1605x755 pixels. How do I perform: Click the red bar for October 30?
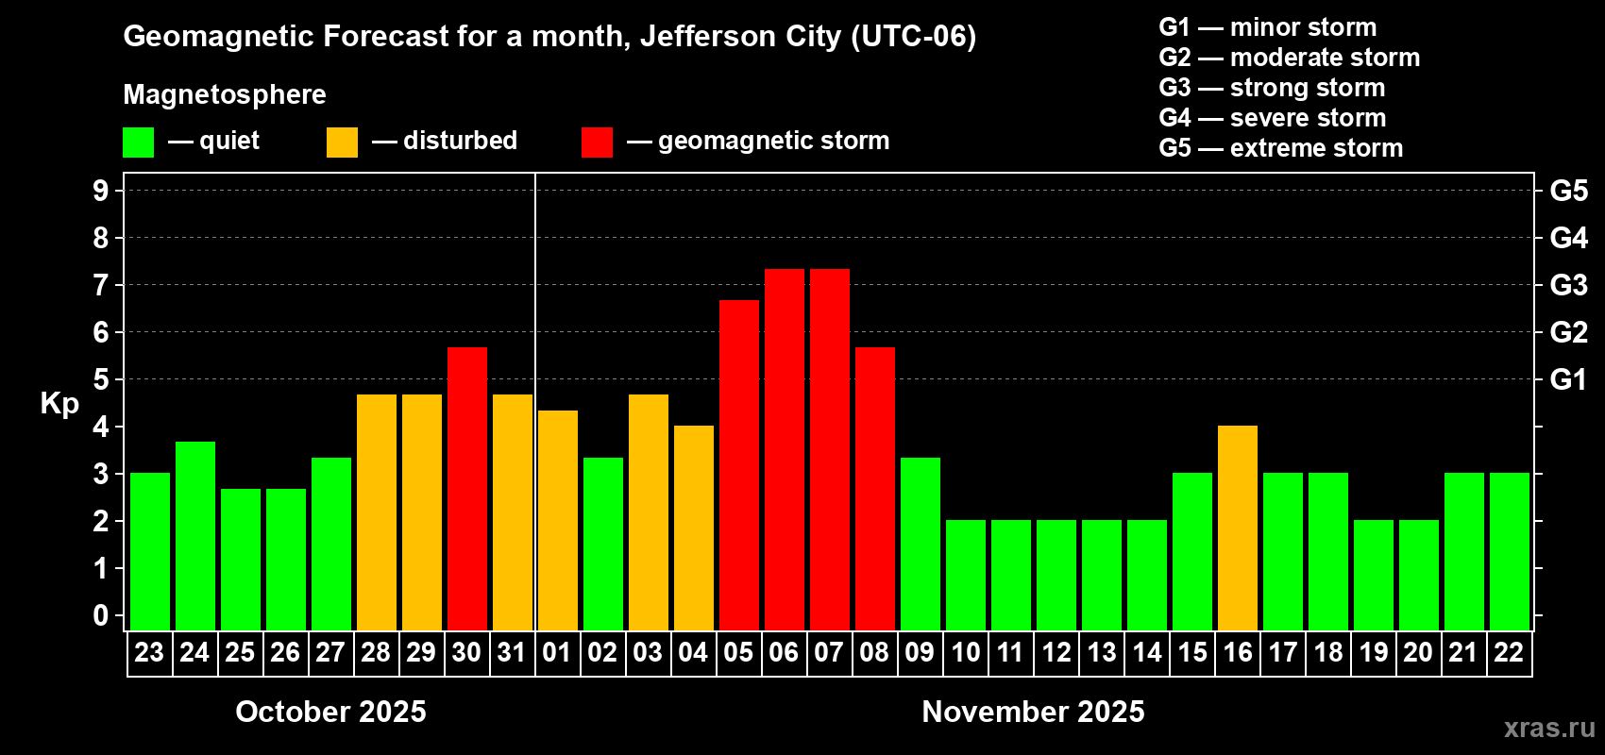pos(467,489)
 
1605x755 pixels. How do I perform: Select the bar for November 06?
pos(785,449)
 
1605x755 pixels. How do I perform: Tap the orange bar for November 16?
pos(1238,528)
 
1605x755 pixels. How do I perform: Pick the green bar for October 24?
pos(195,536)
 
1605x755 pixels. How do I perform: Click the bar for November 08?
pos(875,489)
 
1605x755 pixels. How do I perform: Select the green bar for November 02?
pos(603,544)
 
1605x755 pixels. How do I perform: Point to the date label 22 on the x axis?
pos(1509,653)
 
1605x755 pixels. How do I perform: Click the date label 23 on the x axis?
pos(149,653)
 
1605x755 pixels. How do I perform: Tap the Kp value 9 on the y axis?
pos(101,191)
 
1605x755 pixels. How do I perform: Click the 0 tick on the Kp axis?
pos(101,615)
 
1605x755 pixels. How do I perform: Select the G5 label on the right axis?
pos(1568,191)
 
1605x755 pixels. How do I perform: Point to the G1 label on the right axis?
pos(1568,379)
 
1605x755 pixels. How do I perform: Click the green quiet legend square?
pos(139,143)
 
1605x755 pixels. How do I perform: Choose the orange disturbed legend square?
pos(342,143)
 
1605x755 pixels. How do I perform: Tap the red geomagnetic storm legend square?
pos(597,143)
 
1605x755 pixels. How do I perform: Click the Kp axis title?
pos(59,403)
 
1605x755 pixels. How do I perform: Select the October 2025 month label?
pos(330,712)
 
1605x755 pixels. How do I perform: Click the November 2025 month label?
pos(1033,712)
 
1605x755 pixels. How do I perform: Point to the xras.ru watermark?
pos(1549,728)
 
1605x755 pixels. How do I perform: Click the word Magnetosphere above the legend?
pos(225,94)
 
